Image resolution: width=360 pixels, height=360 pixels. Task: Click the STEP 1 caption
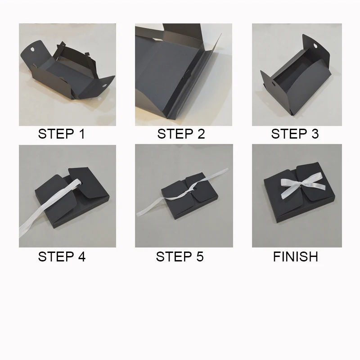click(x=62, y=134)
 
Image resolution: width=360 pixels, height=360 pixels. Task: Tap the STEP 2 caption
click(x=181, y=134)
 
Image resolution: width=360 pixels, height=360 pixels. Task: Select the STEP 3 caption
click(x=295, y=134)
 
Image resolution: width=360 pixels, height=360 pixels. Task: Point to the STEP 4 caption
click(x=62, y=256)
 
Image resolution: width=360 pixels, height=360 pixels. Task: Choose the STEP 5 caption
click(x=180, y=256)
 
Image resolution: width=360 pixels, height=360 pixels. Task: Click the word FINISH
click(x=296, y=256)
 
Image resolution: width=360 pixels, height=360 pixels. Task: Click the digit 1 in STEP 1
click(x=82, y=134)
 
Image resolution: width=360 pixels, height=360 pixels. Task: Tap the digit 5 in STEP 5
click(x=200, y=256)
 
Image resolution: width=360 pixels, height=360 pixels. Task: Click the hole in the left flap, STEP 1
click(x=32, y=49)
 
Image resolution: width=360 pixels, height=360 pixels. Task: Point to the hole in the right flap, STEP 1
click(x=104, y=85)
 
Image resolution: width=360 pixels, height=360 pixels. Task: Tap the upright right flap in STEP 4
click(x=89, y=182)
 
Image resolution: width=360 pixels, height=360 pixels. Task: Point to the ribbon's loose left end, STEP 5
click(x=138, y=215)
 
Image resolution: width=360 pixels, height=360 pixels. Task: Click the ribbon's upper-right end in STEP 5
click(x=227, y=170)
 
